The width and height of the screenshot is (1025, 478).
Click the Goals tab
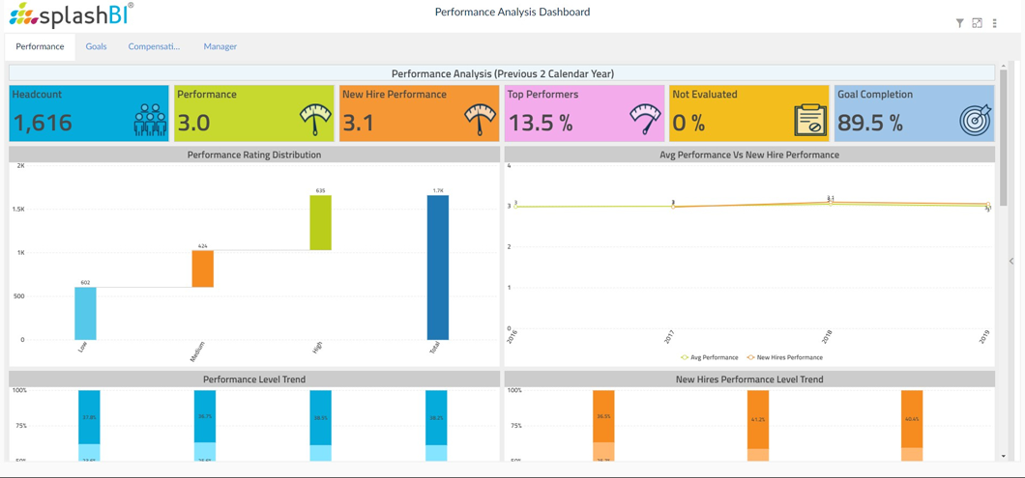pyautogui.click(x=96, y=46)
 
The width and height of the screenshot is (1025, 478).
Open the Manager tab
pyautogui.click(x=220, y=46)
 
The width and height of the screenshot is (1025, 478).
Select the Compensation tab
pyautogui.click(x=154, y=46)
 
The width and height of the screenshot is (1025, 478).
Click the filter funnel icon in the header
pyautogui.click(x=959, y=23)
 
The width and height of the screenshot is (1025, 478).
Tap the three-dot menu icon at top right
pyautogui.click(x=994, y=23)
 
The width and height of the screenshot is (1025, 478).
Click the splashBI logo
pyautogui.click(x=71, y=14)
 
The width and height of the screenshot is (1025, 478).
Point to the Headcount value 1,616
pyautogui.click(x=43, y=123)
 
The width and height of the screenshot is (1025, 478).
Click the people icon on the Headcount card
pyautogui.click(x=150, y=120)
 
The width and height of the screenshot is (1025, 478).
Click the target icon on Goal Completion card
pyautogui.click(x=975, y=120)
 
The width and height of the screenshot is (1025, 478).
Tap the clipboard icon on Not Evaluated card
pyautogui.click(x=810, y=120)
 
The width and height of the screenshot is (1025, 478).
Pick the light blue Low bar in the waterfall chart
pyautogui.click(x=85, y=313)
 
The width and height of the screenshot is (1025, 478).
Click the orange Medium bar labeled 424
pyautogui.click(x=202, y=268)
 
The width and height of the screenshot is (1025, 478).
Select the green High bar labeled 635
pyautogui.click(x=320, y=222)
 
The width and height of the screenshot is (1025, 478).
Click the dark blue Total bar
pyautogui.click(x=437, y=267)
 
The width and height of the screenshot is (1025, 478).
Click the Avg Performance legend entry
pyautogui.click(x=710, y=357)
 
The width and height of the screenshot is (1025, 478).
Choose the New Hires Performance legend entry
pyautogui.click(x=784, y=357)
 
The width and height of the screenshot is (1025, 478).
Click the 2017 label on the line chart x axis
pyautogui.click(x=669, y=337)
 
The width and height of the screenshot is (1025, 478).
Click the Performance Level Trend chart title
pyautogui.click(x=254, y=380)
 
